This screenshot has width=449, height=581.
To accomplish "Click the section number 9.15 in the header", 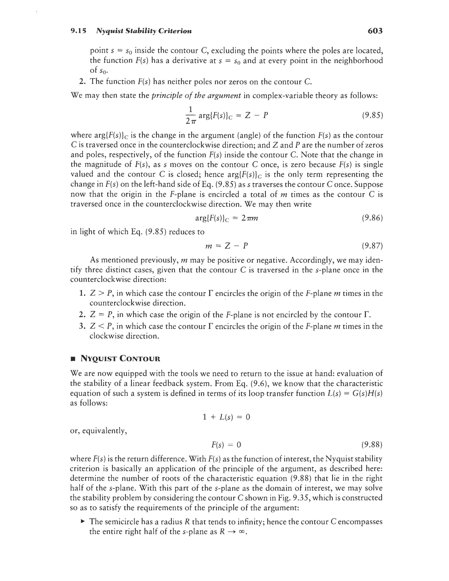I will click(x=78, y=31).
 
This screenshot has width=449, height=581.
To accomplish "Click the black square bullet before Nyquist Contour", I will click(x=72, y=359).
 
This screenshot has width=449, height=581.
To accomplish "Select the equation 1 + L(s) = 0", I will click(x=226, y=417).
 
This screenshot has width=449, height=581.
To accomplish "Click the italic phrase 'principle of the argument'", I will click(x=196, y=95).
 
